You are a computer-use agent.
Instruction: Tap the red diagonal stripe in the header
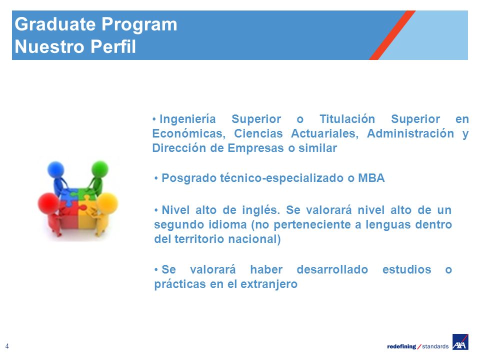point(392,35)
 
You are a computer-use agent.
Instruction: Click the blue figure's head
point(55,169)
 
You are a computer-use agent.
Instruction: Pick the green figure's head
point(100,169)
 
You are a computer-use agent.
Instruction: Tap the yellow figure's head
point(107,203)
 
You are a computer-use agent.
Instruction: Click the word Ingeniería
point(187,119)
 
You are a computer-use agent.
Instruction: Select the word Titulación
point(347,119)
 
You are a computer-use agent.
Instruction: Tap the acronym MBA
point(371,178)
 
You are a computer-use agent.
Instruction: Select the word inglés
point(261,210)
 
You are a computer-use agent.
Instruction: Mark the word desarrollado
point(332,269)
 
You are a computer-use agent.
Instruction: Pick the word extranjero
point(269,284)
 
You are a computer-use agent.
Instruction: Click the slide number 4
point(7,346)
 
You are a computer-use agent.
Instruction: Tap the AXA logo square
point(460,341)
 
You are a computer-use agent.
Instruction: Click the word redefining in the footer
point(401,346)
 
